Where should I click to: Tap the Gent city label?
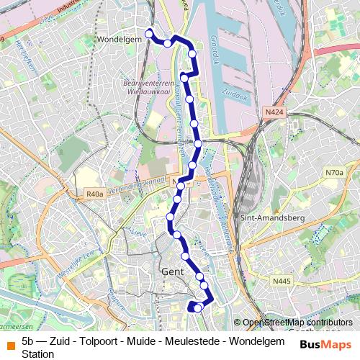(x=173, y=273)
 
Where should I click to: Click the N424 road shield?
(x=274, y=112)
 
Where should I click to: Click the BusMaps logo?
(x=325, y=343)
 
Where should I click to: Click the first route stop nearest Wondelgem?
(x=150, y=33)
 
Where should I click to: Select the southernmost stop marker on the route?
(x=198, y=308)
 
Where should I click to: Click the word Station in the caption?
(x=37, y=354)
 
